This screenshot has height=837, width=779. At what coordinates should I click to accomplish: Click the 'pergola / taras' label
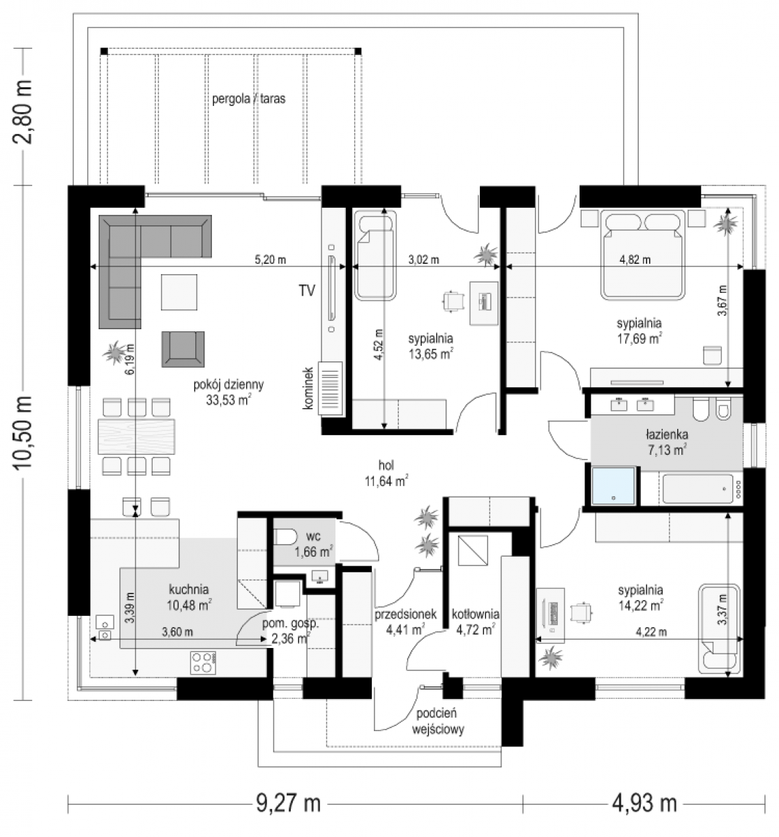(249, 99)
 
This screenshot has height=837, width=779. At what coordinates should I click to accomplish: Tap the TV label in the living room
(307, 290)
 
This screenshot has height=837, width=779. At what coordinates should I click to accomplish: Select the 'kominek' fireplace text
(308, 388)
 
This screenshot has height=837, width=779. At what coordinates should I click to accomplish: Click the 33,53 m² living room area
(229, 400)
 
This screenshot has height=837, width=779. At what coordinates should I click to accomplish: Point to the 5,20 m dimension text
(270, 259)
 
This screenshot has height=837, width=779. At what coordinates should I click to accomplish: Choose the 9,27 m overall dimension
(289, 804)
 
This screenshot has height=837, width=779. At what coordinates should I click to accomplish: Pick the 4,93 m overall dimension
(644, 804)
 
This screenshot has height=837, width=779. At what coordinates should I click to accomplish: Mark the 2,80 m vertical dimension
(23, 112)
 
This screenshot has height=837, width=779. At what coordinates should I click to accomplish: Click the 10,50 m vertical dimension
(23, 432)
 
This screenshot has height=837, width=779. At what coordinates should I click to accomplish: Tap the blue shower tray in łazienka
(613, 485)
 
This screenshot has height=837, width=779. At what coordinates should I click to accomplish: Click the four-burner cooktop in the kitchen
(204, 663)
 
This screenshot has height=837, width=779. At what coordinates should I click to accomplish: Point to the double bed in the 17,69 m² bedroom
(643, 255)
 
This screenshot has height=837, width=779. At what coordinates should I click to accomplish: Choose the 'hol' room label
(386, 465)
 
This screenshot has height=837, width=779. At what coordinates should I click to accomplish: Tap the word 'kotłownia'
(476, 614)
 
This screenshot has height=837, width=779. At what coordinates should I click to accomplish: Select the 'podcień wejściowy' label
(438, 721)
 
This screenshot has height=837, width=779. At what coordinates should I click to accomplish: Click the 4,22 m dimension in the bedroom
(651, 632)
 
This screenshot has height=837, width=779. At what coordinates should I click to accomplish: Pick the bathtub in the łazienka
(698, 489)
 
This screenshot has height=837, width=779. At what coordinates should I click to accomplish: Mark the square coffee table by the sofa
(179, 292)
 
